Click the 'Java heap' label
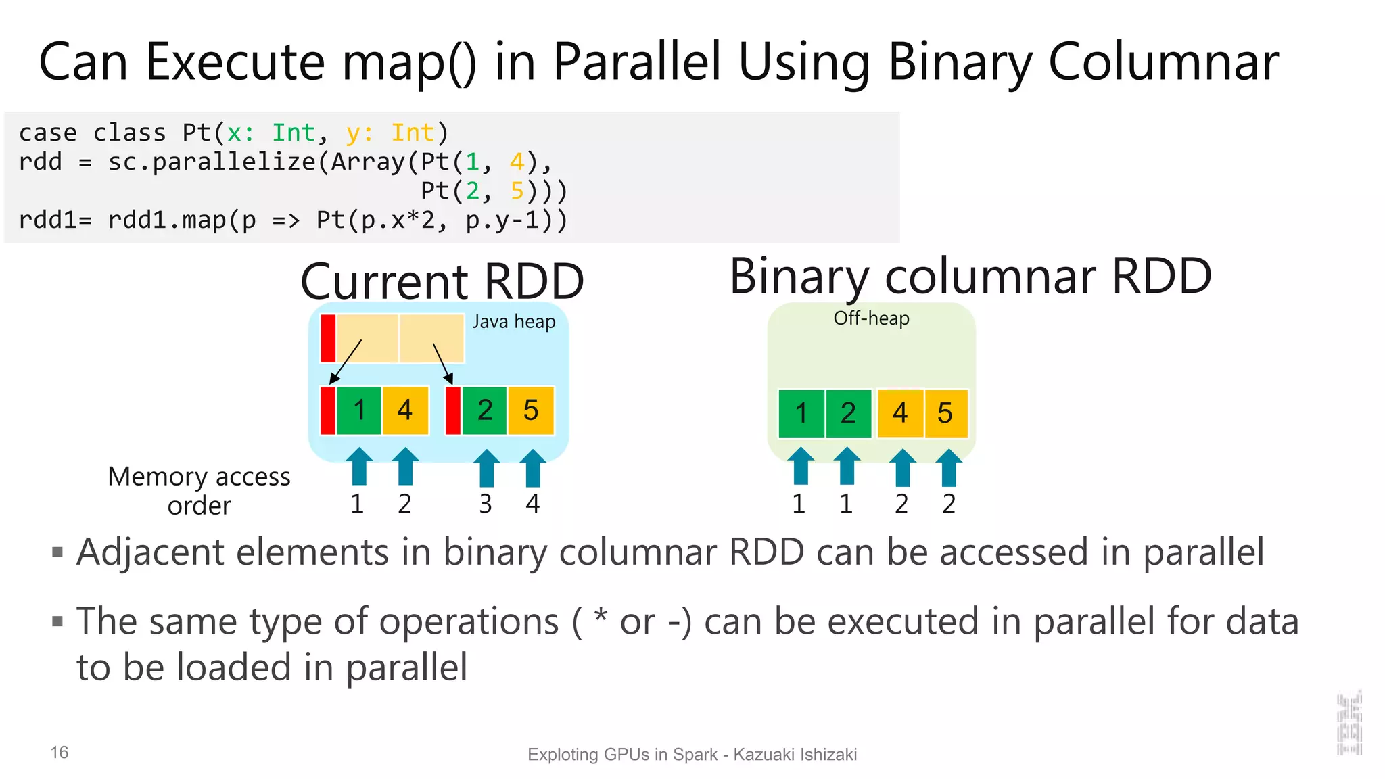(513, 322)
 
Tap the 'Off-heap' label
(870, 318)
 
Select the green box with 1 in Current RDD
(358, 410)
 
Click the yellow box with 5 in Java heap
(531, 410)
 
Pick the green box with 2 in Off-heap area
(848, 413)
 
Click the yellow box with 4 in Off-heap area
(899, 413)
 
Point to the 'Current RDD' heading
(442, 281)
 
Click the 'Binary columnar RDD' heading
(970, 277)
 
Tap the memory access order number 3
(485, 504)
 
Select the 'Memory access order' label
(199, 491)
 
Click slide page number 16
(60, 753)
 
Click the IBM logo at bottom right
(1348, 724)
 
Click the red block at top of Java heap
(328, 338)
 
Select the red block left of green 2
(453, 410)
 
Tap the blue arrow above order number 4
(532, 468)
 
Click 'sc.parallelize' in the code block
(212, 162)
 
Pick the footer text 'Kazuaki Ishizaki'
(795, 755)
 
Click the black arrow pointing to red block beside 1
(346, 362)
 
